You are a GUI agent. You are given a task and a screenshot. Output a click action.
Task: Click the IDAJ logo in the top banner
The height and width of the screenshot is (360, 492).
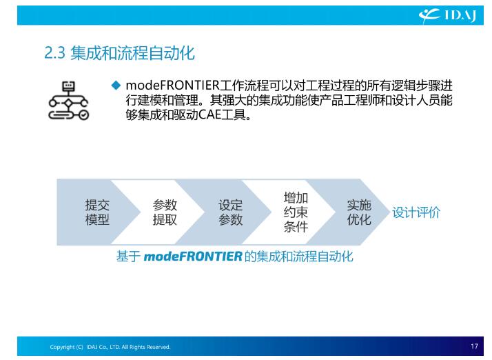coord(447,15)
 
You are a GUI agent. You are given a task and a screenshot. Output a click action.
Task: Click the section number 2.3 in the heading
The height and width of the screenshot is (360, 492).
coord(54,53)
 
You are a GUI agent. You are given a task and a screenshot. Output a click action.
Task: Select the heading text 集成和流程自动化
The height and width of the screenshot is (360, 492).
coord(132,53)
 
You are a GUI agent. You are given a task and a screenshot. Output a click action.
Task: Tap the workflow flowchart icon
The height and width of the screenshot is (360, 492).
coord(69,101)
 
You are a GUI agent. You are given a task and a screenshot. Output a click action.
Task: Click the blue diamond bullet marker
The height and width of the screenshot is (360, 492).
coord(116,85)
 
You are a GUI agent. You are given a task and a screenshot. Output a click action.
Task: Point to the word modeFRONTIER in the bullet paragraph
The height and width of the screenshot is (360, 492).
coord(172,86)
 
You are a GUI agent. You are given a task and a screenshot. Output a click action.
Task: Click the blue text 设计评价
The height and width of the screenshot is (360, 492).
coord(416,212)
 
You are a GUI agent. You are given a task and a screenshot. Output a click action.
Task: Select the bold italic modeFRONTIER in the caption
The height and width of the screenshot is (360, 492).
coord(193,257)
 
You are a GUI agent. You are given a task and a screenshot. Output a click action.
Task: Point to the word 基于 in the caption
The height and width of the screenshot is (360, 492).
coord(128,257)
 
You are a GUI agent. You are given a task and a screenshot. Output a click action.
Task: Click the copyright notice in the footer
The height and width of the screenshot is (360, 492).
coord(110,347)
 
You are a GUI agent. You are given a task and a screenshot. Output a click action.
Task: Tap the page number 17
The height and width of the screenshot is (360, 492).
coord(474,346)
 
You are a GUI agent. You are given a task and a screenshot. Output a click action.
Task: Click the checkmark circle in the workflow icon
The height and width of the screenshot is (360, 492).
coord(83,115)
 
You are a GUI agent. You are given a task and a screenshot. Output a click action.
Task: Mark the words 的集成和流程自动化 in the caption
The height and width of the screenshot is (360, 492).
coord(299,257)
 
